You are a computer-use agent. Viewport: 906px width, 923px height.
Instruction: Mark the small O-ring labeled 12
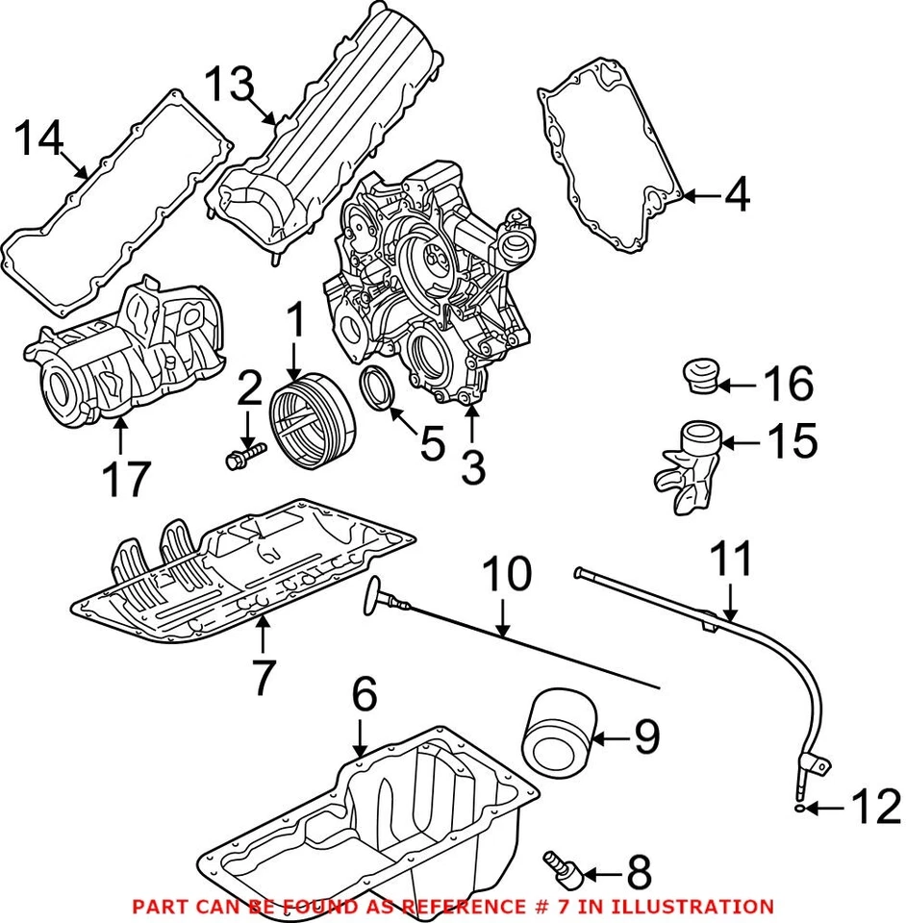(800, 809)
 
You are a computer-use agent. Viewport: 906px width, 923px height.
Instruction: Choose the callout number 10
(506, 576)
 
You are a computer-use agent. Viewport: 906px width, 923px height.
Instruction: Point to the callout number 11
(732, 560)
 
